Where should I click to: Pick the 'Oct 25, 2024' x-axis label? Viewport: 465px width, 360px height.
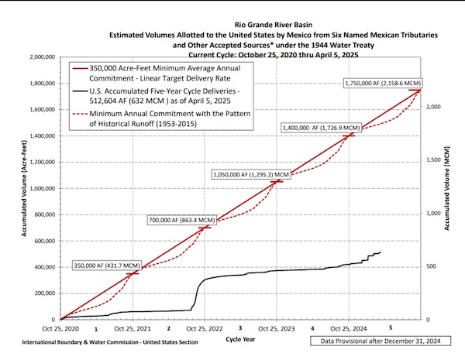[x=349, y=327]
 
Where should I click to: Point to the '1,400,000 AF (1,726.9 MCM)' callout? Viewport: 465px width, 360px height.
[x=320, y=126]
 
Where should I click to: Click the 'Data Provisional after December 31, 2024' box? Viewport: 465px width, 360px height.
[x=377, y=340]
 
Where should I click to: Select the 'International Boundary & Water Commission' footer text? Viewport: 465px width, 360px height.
[x=84, y=341]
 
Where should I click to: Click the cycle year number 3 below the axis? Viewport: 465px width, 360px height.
[x=240, y=327]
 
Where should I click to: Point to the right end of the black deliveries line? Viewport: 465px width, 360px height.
[x=381, y=252]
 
